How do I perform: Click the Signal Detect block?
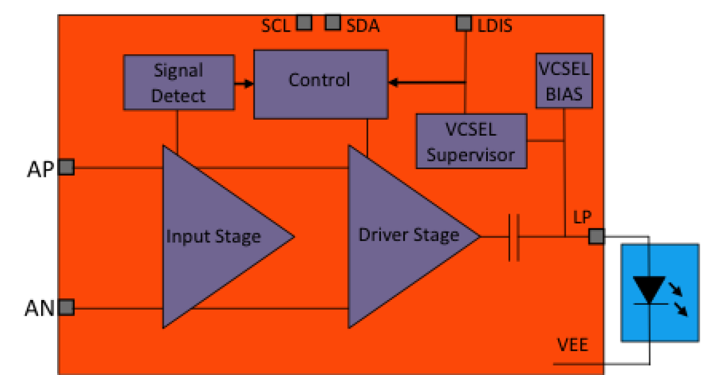coord(178,83)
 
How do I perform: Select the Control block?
coord(320,83)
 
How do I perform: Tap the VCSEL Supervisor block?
coord(471,141)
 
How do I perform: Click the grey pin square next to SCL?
coord(304,23)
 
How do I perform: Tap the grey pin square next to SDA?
coord(333,23)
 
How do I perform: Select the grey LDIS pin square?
coord(464,23)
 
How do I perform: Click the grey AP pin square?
coord(66,167)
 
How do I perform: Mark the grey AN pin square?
coord(66,308)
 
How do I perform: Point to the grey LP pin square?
coord(596,236)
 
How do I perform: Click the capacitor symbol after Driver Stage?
coord(514,237)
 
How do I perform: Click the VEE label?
coord(573,345)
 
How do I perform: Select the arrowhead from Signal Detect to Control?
coord(249,83)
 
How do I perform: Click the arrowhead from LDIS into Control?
coord(393,83)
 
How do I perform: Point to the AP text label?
coord(40,168)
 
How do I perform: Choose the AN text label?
coord(40,308)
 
